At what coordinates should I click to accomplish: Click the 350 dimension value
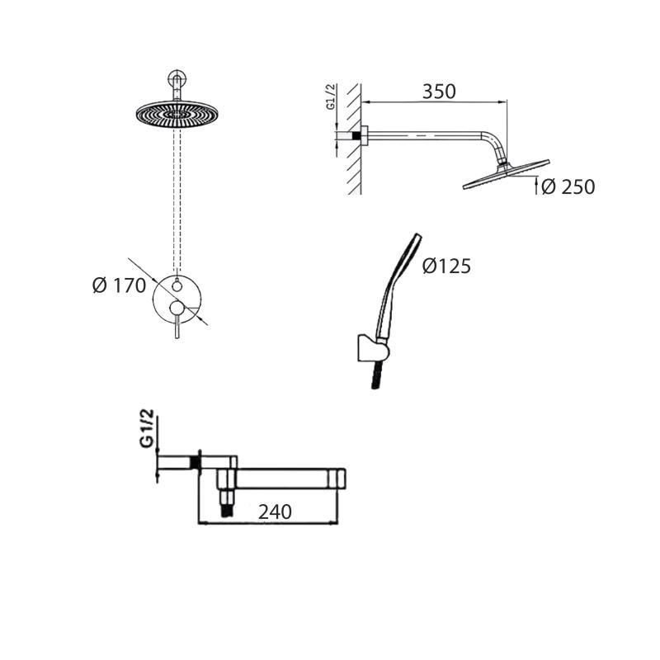(x=439, y=92)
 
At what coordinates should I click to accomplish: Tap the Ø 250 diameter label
(x=568, y=187)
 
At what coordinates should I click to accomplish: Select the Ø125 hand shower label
(x=446, y=266)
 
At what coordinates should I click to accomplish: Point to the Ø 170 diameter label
(x=119, y=285)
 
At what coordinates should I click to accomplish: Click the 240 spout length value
(x=275, y=511)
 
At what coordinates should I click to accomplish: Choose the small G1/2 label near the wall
(x=332, y=97)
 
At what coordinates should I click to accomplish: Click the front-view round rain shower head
(x=177, y=113)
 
